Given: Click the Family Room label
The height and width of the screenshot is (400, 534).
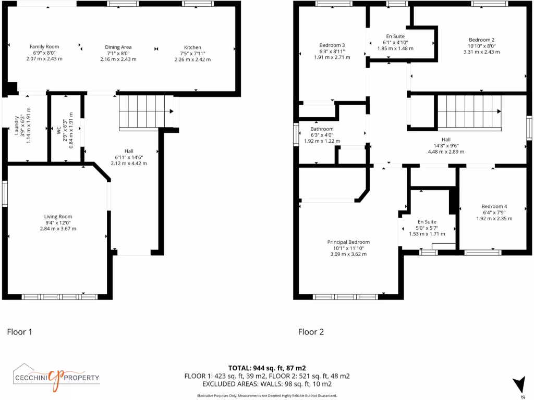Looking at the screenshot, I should pyautogui.click(x=44, y=47).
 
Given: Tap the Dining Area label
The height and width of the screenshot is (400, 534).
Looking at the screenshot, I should pyautogui.click(x=118, y=47).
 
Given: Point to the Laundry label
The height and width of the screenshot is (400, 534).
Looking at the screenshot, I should pyautogui.click(x=17, y=129).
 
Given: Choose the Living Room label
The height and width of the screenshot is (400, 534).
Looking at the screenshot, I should pyautogui.click(x=58, y=217).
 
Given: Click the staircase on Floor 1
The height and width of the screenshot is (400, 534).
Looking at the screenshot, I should pyautogui.click(x=145, y=111).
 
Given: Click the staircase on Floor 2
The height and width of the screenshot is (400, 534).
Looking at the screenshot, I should pyautogui.click(x=469, y=111).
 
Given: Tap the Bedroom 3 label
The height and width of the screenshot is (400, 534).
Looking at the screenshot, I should pyautogui.click(x=332, y=45).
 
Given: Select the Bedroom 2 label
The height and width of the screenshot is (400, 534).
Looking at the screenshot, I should pyautogui.click(x=481, y=40).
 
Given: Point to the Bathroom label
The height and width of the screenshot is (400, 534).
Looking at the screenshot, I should pyautogui.click(x=322, y=129).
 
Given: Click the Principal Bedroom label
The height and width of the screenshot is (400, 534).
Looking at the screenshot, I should pyautogui.click(x=348, y=242).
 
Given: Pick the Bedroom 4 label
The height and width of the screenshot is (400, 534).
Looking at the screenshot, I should pyautogui.click(x=494, y=207).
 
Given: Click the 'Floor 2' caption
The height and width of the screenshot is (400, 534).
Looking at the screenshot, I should pyautogui.click(x=311, y=331).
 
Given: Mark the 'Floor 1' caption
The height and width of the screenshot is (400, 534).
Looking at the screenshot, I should pyautogui.click(x=19, y=331).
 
